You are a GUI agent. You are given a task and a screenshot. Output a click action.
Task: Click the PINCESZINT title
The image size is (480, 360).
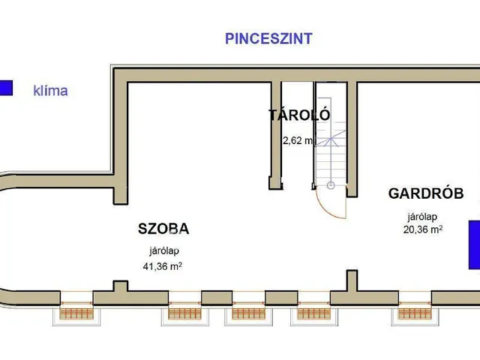(268, 39)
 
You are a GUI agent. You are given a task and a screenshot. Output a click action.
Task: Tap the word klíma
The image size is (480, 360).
(50, 91)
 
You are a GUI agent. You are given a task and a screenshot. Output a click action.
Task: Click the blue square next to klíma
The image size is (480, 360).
(6, 88)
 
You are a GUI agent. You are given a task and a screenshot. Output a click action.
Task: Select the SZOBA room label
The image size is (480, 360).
(163, 229)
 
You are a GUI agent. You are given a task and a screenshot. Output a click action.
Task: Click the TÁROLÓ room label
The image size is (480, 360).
(299, 115)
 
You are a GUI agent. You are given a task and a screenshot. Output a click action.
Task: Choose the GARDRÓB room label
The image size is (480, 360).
(425, 193)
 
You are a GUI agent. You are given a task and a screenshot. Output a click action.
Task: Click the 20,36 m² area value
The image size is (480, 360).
(422, 230)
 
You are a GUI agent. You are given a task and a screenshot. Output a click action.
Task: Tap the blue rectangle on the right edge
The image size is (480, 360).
(474, 244)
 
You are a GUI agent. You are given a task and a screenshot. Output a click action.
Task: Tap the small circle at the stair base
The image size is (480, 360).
(331, 184)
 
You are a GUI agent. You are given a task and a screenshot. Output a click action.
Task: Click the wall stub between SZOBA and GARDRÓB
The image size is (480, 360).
(350, 284)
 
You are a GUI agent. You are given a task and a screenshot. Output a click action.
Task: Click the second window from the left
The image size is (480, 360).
(183, 310)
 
